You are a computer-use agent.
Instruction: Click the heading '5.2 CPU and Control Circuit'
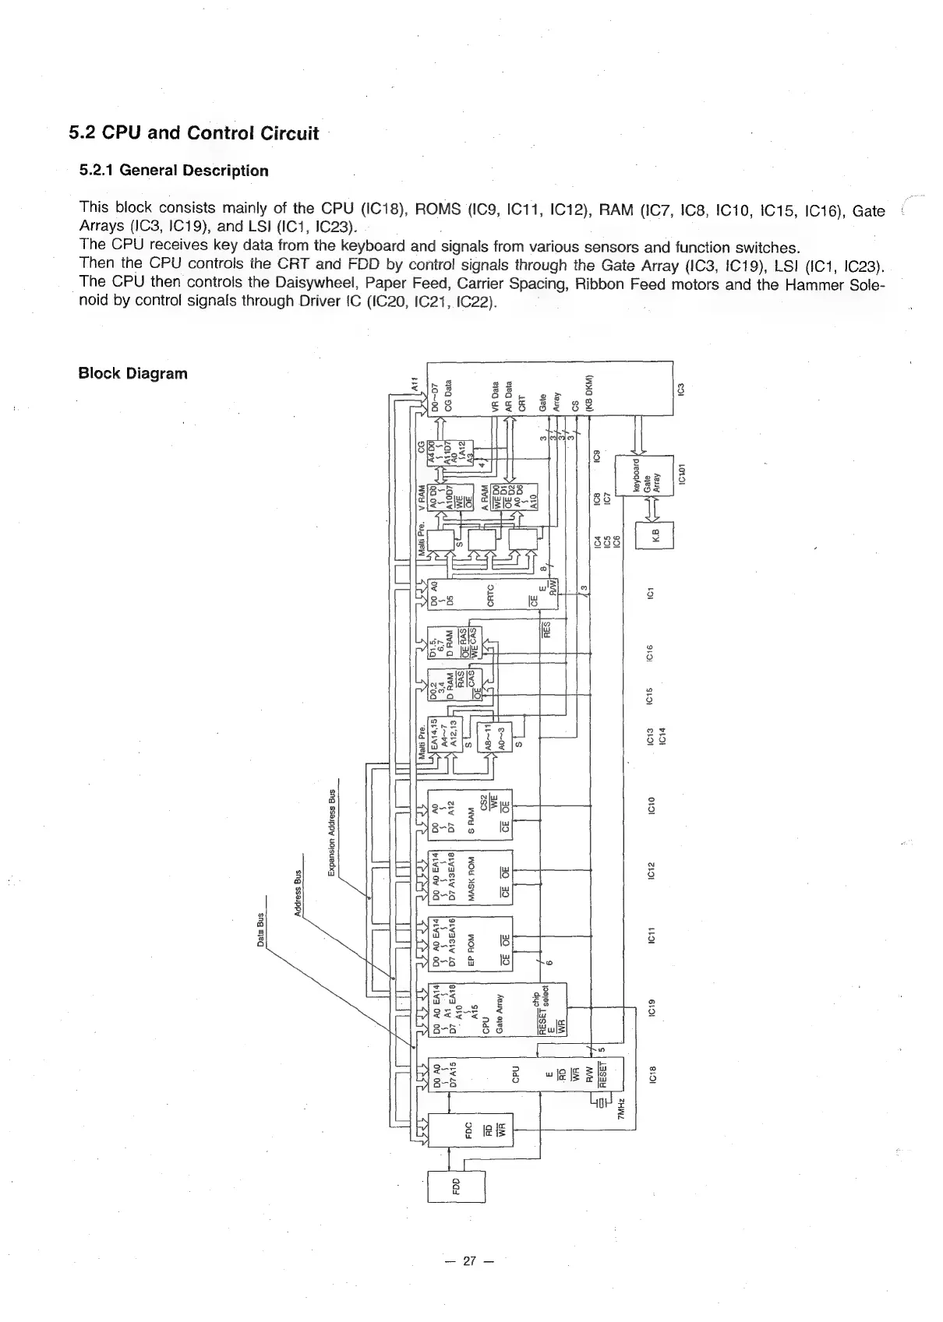193,133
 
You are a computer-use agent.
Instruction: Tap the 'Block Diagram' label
132,373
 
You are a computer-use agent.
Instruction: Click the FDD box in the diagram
456,1186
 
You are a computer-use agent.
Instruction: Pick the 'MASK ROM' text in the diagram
470,879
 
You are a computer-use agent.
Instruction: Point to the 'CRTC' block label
490,595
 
